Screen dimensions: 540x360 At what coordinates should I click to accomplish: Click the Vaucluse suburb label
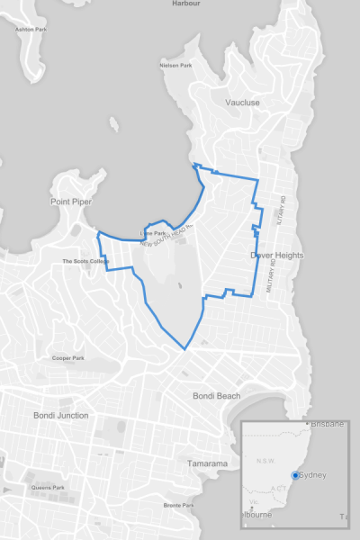coord(243,103)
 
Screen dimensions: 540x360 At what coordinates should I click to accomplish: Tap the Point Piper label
coord(72,202)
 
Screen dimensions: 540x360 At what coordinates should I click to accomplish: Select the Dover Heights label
coord(276,256)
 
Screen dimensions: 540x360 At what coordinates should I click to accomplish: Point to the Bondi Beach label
coord(217,396)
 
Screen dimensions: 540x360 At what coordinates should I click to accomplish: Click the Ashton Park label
coord(31,29)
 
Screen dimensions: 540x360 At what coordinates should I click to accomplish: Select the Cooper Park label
coord(67,357)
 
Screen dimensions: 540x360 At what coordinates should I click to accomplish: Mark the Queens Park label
coord(48,488)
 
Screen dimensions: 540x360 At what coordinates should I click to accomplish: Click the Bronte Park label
coord(179,505)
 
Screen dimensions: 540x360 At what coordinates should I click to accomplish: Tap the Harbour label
coord(187,4)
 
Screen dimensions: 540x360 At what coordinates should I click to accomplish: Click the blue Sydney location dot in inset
coord(296,475)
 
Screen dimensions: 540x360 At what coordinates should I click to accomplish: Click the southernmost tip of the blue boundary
coord(186,349)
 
